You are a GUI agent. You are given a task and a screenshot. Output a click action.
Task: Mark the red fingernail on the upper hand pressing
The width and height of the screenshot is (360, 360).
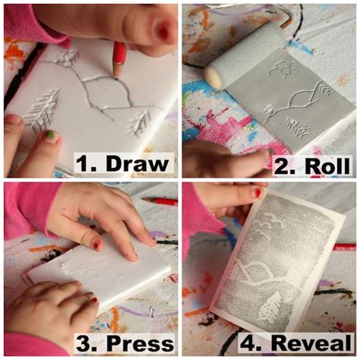(97, 245)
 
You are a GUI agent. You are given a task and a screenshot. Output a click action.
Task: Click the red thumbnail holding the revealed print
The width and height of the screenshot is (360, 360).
(258, 193)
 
